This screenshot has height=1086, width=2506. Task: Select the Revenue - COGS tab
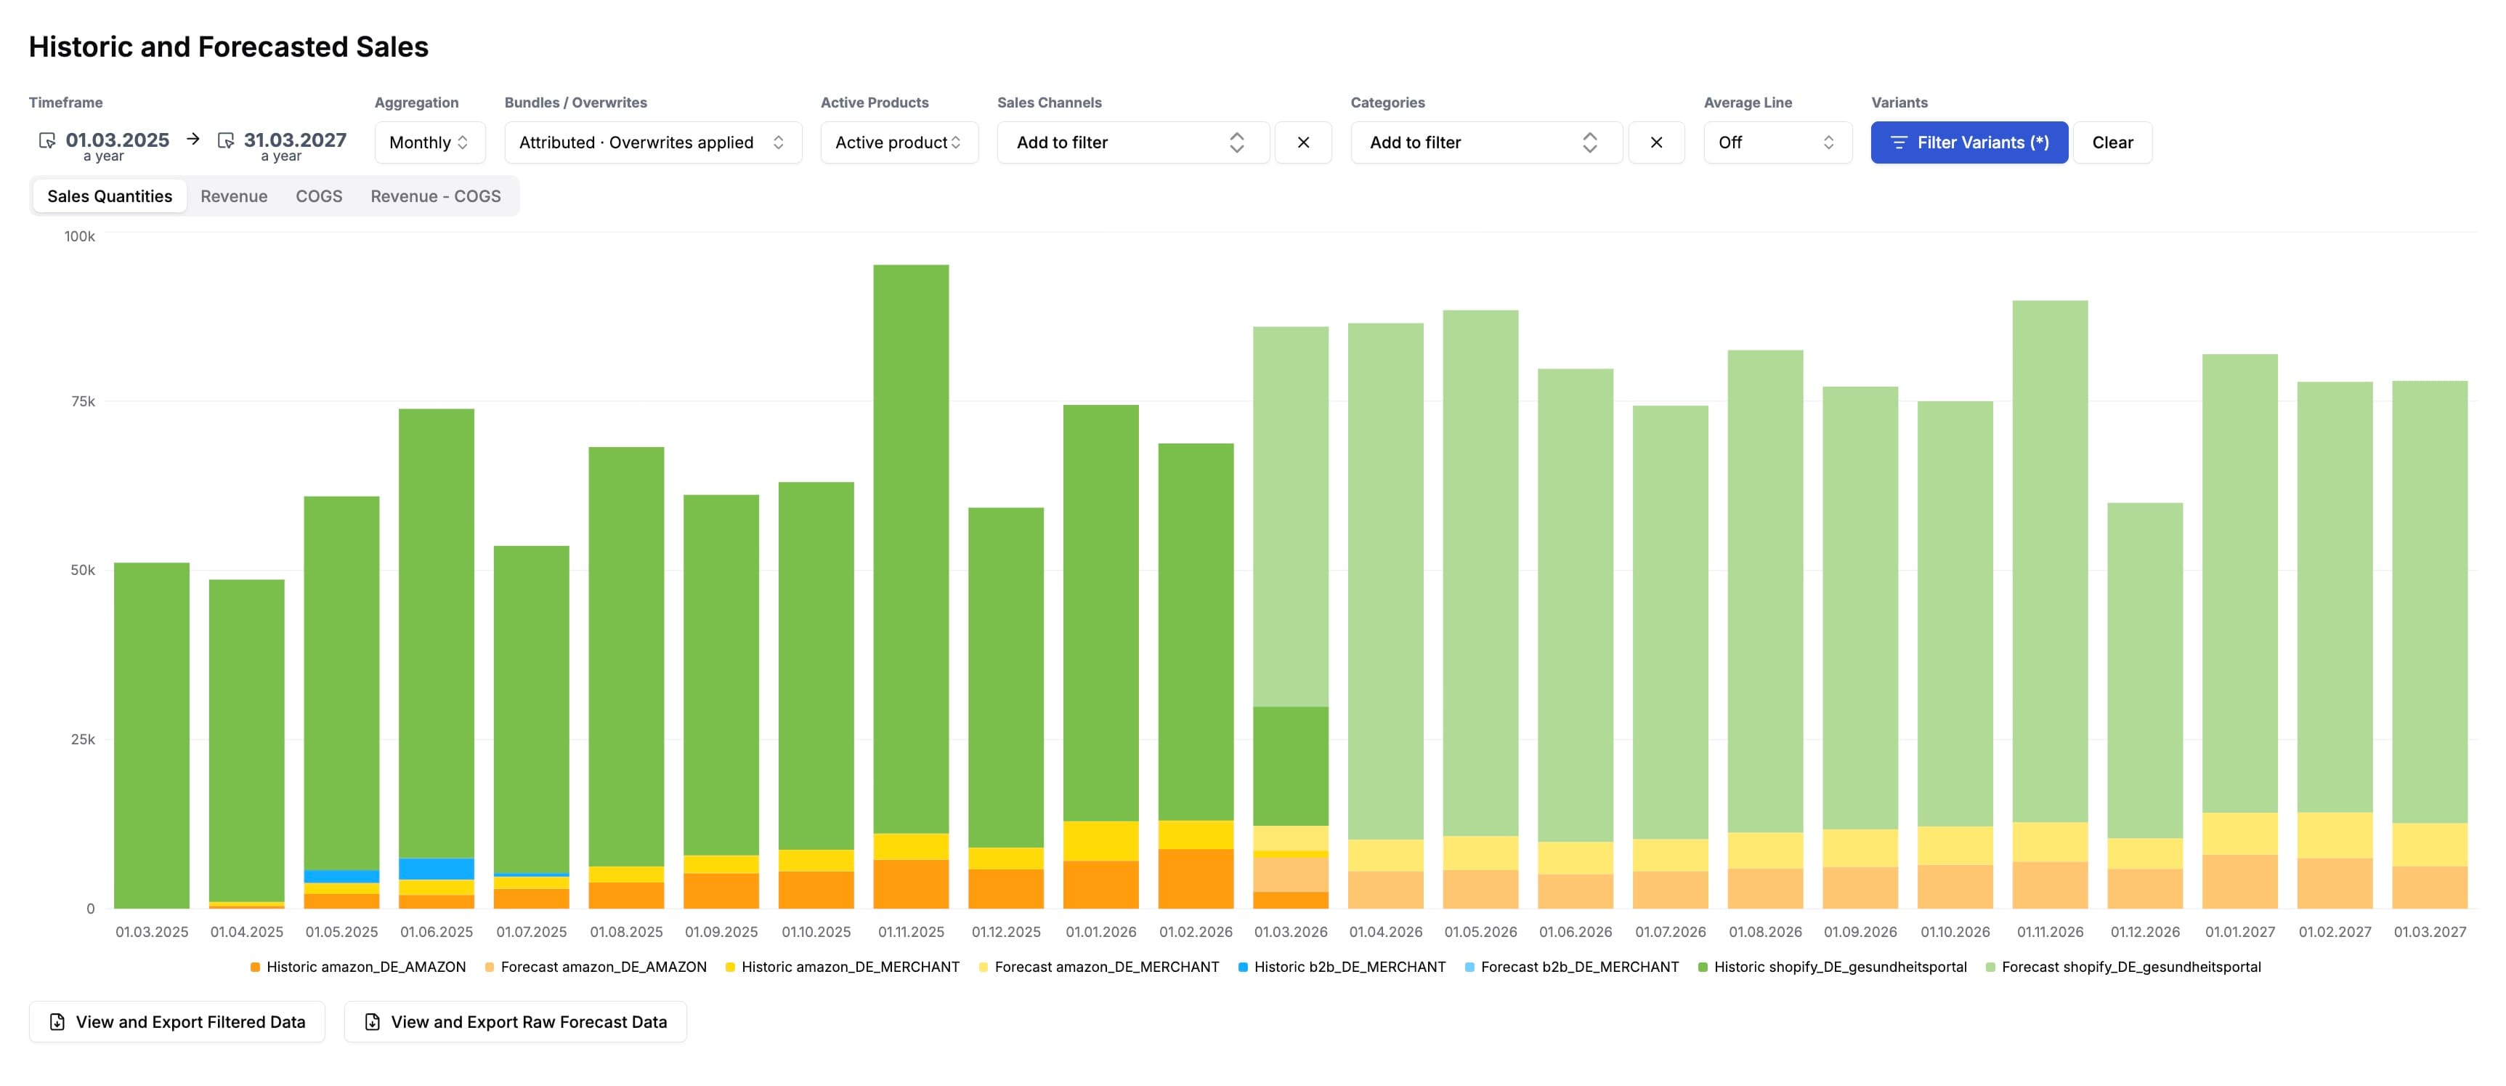(x=435, y=196)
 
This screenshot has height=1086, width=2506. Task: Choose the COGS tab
(x=318, y=196)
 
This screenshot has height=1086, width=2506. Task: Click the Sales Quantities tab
(x=109, y=196)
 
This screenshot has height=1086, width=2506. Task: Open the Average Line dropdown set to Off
(x=1777, y=142)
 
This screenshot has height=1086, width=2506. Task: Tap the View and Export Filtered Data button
(x=177, y=1022)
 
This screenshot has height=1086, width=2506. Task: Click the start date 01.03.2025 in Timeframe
(x=117, y=140)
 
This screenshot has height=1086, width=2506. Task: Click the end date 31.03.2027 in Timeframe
(x=295, y=140)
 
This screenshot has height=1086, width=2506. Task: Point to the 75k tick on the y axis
(x=83, y=401)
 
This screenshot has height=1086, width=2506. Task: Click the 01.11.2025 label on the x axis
(x=911, y=931)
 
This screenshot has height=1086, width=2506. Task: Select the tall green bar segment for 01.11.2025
(x=911, y=545)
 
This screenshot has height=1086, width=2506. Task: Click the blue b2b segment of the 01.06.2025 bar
(x=436, y=868)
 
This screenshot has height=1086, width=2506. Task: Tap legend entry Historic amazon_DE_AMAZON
(x=365, y=966)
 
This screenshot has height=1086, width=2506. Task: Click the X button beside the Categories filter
(x=1655, y=142)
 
